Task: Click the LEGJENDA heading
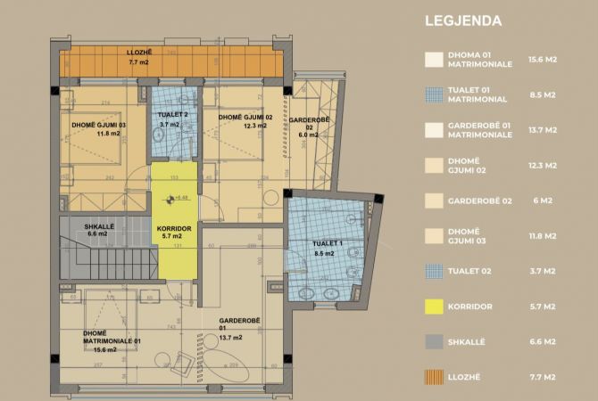[463, 20]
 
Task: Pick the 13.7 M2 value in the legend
[544, 129]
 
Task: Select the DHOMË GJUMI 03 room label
[98, 129]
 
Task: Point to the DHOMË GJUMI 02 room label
[245, 121]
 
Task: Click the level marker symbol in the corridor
[167, 198]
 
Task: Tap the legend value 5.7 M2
[544, 307]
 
